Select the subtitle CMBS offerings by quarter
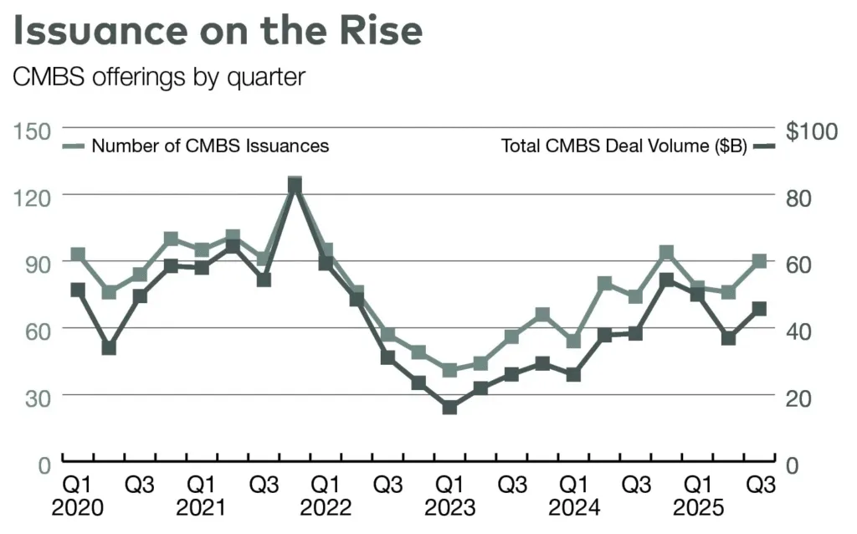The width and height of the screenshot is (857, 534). (159, 76)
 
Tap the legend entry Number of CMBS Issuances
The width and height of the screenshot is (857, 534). (209, 146)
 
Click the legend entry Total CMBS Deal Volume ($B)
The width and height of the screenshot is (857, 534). (624, 146)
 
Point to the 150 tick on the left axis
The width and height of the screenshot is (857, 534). (32, 130)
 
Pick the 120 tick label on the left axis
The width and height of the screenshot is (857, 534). (32, 196)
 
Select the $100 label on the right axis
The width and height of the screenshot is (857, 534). (811, 131)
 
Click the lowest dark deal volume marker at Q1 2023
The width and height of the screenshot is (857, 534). (450, 408)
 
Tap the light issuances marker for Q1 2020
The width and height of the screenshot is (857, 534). (79, 255)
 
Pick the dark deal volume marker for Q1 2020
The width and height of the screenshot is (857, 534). (79, 290)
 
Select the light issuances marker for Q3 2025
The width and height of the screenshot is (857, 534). (759, 261)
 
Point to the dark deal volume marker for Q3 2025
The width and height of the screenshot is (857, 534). (759, 309)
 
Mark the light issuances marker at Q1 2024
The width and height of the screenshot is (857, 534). (573, 341)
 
